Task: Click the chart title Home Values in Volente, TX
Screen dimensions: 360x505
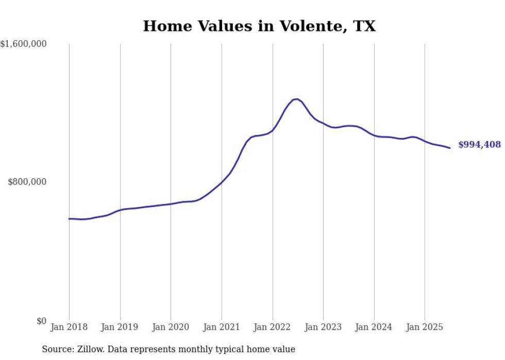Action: [259, 26]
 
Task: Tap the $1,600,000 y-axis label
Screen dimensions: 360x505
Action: [24, 44]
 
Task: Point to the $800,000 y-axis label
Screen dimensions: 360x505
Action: [27, 182]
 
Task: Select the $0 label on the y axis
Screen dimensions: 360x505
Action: [41, 321]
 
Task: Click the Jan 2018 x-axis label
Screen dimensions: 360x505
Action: [69, 327]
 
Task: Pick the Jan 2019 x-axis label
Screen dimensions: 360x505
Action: [120, 327]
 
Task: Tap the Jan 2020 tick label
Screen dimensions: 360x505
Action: [171, 327]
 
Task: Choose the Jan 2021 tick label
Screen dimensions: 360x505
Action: [222, 327]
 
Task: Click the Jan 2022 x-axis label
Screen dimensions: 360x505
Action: [273, 327]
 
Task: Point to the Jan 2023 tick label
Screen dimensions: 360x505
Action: [323, 327]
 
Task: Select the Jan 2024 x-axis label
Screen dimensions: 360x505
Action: [374, 327]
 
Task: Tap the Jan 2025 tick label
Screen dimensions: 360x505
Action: [425, 327]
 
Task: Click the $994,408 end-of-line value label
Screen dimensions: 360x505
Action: [479, 145]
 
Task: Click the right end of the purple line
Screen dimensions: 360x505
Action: [450, 148]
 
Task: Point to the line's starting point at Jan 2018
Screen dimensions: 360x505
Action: [69, 219]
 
